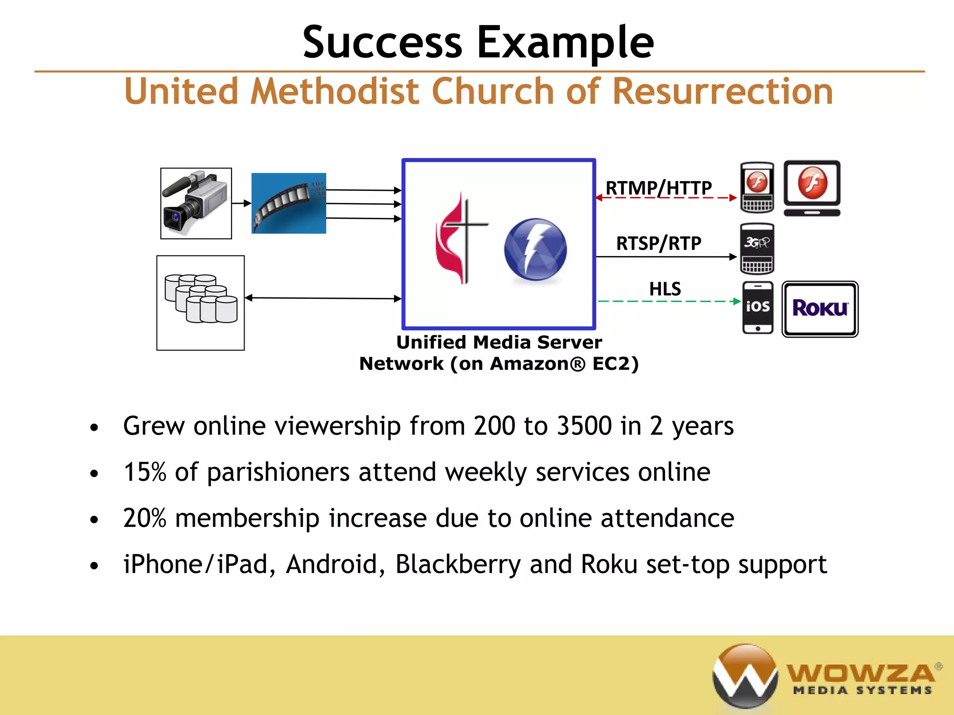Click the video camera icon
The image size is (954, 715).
coord(196,203)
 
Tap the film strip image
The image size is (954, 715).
coord(288,203)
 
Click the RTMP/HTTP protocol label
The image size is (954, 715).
coord(658,188)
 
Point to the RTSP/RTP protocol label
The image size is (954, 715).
coord(658,243)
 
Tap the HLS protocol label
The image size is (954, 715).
coord(665,289)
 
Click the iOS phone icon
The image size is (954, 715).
coord(757,307)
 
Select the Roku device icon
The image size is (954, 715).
coord(820,309)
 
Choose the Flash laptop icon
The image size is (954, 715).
coord(812,188)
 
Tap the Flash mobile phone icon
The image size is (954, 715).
coord(757,187)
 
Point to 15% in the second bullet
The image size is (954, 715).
coord(144,472)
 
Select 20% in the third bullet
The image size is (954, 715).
coord(144,518)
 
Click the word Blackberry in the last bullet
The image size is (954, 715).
coord(458,564)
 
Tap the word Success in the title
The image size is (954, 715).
coord(382,42)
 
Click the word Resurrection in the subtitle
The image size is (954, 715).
coord(722,91)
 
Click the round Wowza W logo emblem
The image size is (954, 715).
coord(745,675)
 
